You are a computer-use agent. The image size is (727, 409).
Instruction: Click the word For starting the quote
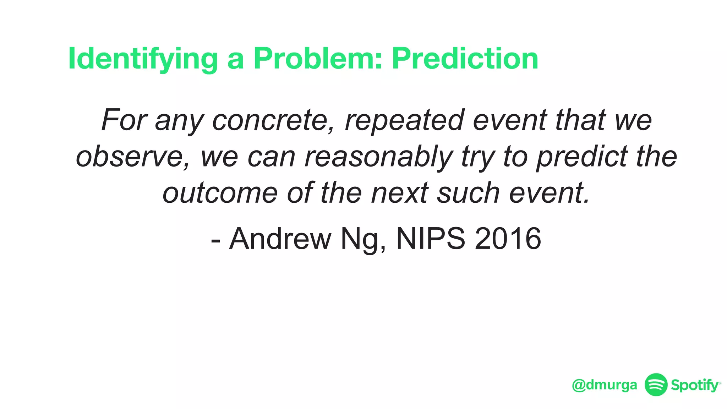pyautogui.click(x=124, y=120)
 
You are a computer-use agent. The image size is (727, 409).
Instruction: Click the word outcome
pyautogui.click(x=220, y=193)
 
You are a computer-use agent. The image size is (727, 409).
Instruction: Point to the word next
pyautogui.click(x=400, y=193)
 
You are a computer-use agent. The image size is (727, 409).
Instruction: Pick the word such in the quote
pyautogui.click(x=469, y=193)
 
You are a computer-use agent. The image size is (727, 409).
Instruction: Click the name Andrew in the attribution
pyautogui.click(x=280, y=239)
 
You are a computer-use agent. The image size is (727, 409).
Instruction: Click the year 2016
pyautogui.click(x=508, y=239)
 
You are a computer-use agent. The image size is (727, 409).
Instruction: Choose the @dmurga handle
pyautogui.click(x=605, y=385)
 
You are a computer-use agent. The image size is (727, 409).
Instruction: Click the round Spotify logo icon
pyautogui.click(x=656, y=385)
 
